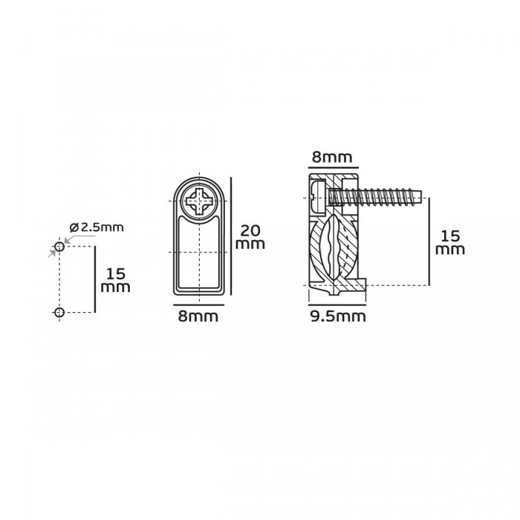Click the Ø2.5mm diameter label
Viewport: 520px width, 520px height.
(97, 227)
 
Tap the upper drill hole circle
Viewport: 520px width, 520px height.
(59, 247)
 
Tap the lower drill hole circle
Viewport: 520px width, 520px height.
(59, 312)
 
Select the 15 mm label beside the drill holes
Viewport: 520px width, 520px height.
(115, 281)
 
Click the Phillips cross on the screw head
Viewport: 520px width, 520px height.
(199, 201)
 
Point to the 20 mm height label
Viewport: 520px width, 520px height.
(250, 237)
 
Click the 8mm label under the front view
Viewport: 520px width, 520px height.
(198, 316)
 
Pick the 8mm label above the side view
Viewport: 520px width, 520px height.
(332, 157)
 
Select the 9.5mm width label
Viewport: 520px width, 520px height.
(338, 316)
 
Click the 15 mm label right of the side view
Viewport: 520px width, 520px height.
(450, 243)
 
